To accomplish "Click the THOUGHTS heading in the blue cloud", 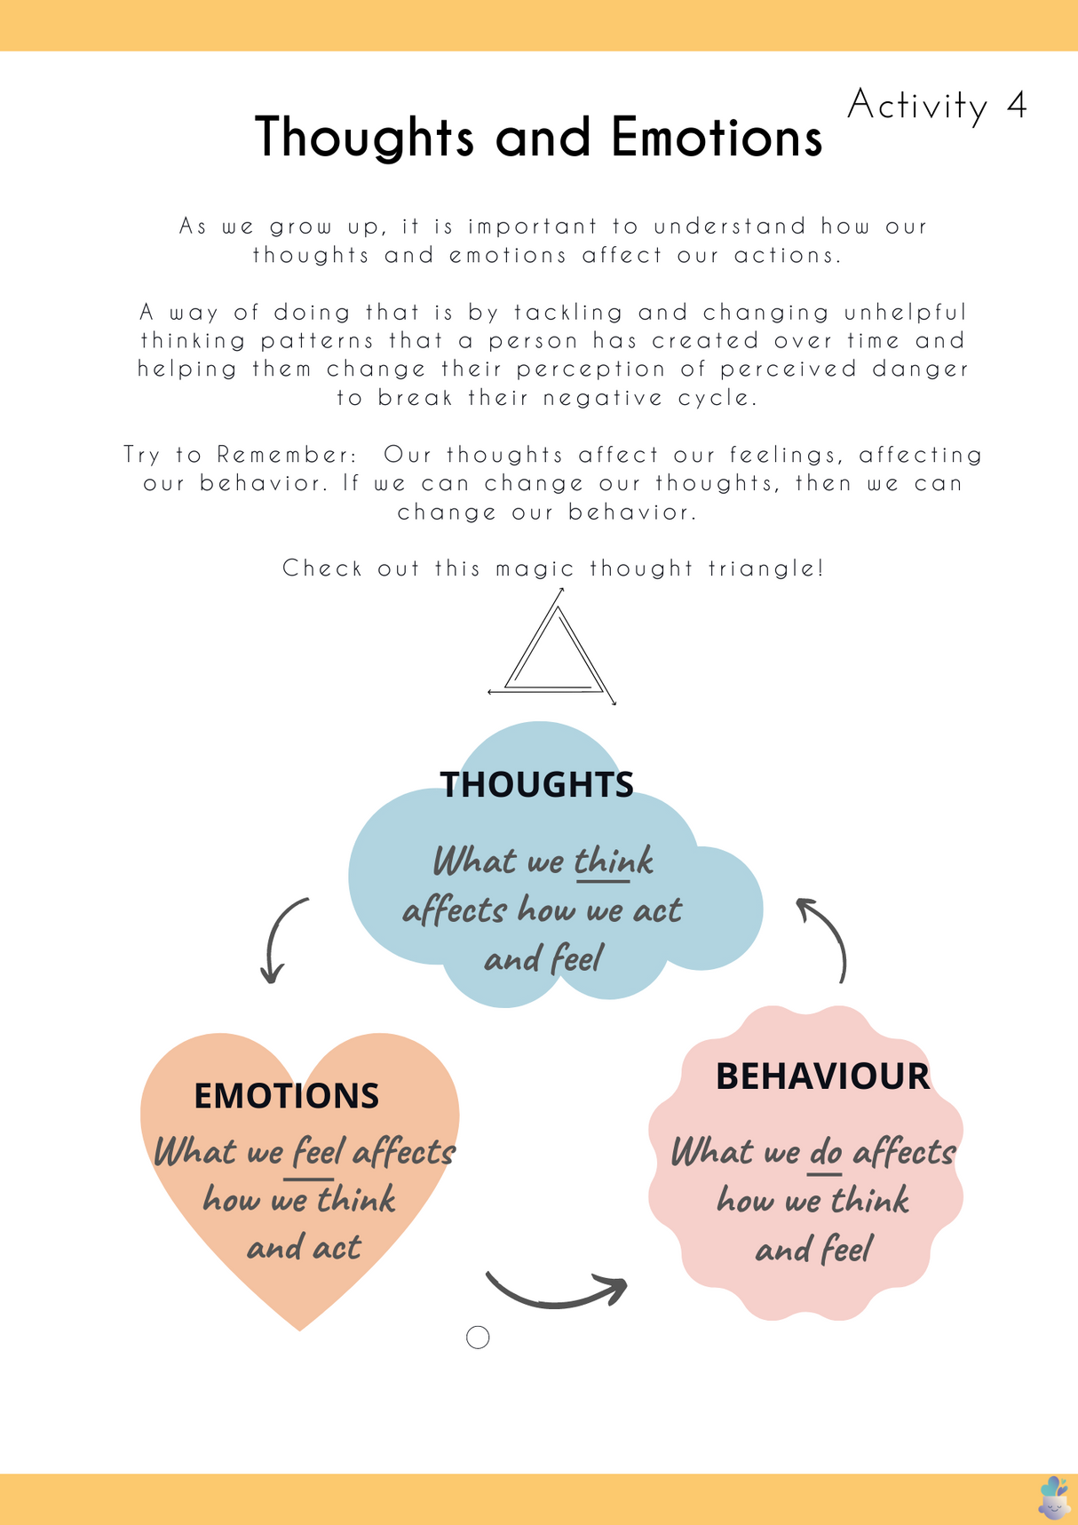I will coord(536,784).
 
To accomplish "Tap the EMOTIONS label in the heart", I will coord(286,1096).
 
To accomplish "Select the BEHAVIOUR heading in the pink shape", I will coord(822,1076).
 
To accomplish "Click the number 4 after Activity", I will coord(1017,106).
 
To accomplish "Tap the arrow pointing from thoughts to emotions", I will coord(281,940).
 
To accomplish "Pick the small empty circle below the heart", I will coord(478,1338).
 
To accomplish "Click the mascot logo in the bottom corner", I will coord(1053,1497).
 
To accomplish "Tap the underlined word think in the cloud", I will coord(613,862).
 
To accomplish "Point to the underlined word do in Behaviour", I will coord(826,1153).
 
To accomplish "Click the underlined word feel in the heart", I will coord(318,1152).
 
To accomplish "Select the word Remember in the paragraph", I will coord(286,455).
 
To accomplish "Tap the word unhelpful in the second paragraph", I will coord(905,313).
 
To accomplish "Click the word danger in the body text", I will coord(920,369).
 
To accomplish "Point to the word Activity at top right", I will coord(917,106).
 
